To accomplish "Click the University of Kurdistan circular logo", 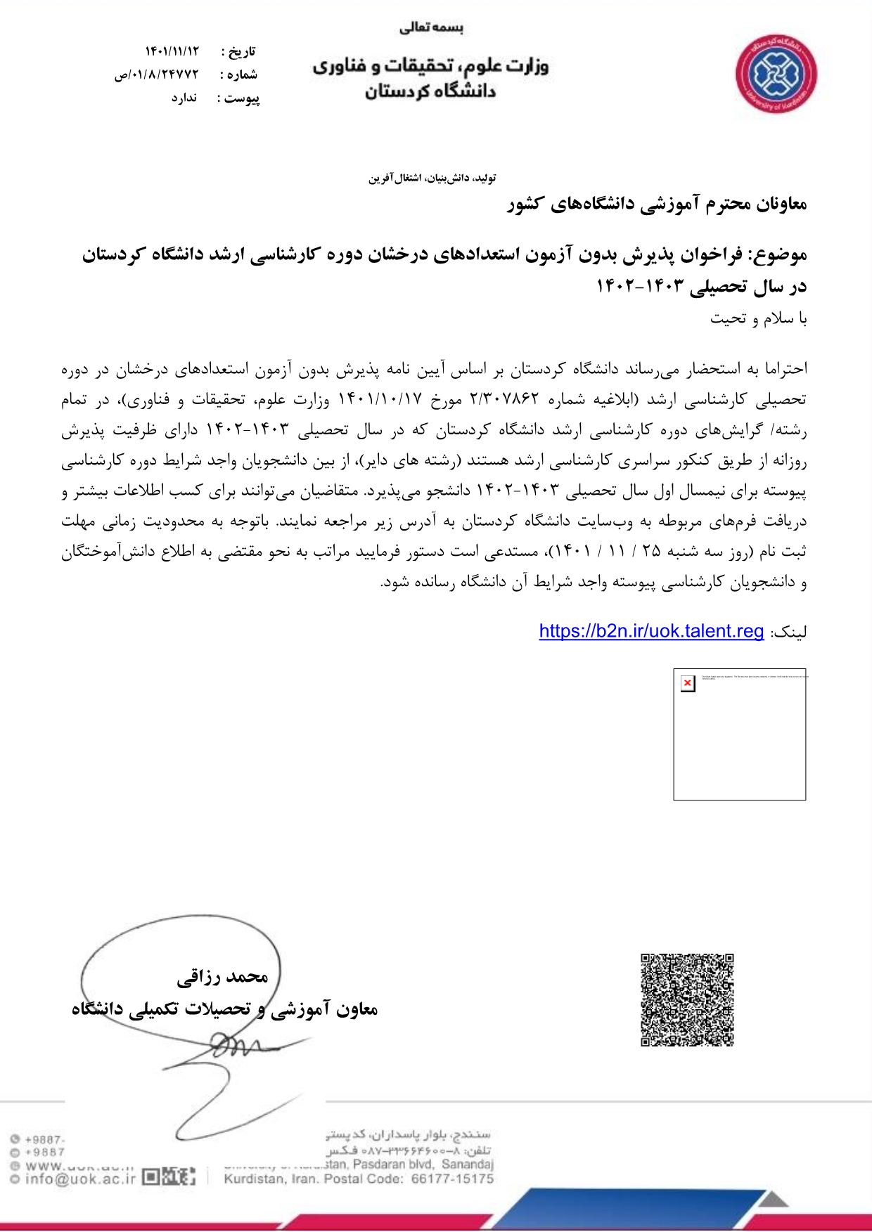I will coord(776,74).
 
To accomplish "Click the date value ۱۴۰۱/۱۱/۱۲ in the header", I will coord(172,51).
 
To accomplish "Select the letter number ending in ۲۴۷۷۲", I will coord(158,74).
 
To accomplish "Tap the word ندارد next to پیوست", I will coord(184,98).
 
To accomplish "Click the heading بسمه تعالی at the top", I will coord(431,28).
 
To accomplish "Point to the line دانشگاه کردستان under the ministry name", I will coord(430,91).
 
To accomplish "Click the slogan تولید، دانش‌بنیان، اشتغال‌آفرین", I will coord(432,178).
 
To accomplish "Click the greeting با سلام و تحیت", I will coord(758,318).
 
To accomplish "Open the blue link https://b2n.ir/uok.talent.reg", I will coord(651,631).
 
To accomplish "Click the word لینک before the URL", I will coord(790,632).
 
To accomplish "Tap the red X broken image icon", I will coord(687,683).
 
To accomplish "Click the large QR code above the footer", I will coord(687,999).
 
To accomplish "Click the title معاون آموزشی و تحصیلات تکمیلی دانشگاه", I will coord(225,1009).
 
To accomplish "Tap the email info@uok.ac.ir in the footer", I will coord(79,1179).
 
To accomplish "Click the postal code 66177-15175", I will coord(452,1179).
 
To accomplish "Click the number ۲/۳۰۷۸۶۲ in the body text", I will coord(504,400).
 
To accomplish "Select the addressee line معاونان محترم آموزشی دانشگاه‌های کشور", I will coord(657,205).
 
